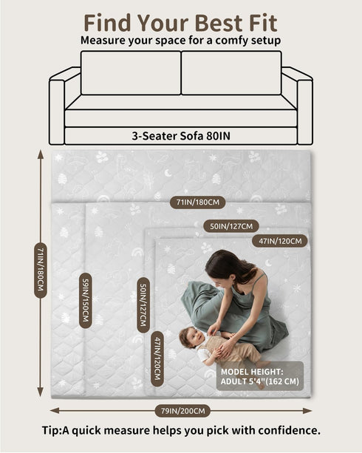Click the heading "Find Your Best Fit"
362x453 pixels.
(x=180, y=23)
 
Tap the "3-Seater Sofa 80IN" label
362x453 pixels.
(x=181, y=136)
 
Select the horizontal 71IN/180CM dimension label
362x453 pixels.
(x=198, y=202)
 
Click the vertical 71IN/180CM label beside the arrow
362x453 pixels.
(x=41, y=270)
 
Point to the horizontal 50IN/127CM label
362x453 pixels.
(x=231, y=226)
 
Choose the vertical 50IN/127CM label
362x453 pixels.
(x=143, y=305)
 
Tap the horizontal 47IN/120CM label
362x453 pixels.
(x=280, y=241)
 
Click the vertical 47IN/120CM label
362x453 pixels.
(x=157, y=358)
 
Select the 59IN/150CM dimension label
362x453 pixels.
(x=86, y=301)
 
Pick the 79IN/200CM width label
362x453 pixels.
(x=183, y=411)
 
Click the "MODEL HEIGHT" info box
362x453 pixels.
(x=260, y=376)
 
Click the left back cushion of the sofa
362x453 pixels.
(x=131, y=73)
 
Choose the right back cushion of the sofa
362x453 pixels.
(x=231, y=73)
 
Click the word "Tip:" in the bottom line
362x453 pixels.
(x=52, y=430)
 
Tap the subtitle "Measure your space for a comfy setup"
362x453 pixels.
(x=180, y=40)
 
